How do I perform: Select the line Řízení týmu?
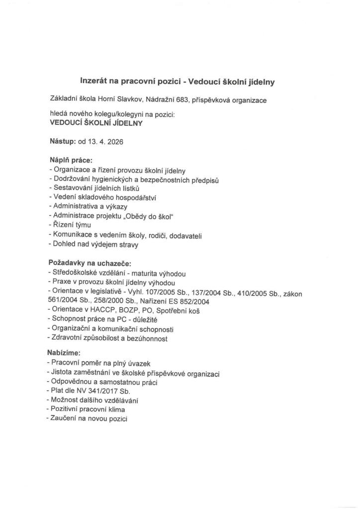[70, 225]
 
